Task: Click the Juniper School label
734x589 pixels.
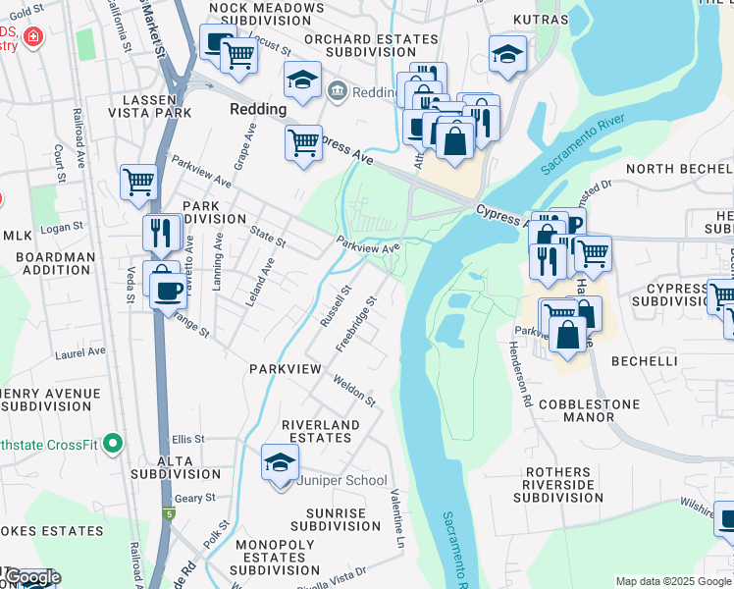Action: [343, 481]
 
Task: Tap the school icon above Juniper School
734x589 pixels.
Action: [280, 462]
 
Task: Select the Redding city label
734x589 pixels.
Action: [258, 109]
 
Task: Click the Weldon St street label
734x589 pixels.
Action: [353, 390]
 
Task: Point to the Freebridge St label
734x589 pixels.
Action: [356, 324]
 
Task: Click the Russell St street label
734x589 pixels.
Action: [335, 306]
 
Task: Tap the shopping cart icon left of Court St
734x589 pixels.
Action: [138, 183]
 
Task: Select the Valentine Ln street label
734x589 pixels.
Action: [397, 517]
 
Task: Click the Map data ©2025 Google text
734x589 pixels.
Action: [673, 582]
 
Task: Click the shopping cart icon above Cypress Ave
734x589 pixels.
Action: [303, 141]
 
